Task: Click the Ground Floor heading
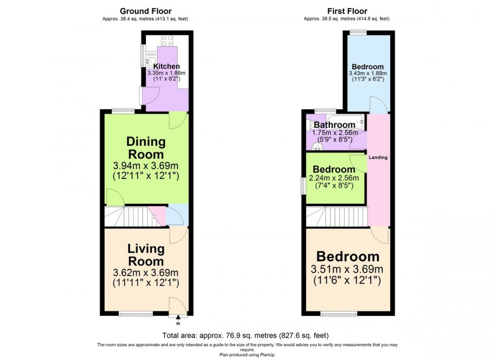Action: coord(145,11)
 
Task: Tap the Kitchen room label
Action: coord(166,66)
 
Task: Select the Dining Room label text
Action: coord(146,148)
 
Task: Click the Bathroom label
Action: coord(334,125)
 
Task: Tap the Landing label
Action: coord(378,158)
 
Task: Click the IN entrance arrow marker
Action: coord(178,320)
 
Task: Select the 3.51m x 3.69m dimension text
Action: coord(347,269)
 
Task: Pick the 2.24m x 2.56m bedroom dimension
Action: coord(334,178)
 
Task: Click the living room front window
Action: coord(135,314)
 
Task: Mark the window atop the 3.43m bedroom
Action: coord(358,33)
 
